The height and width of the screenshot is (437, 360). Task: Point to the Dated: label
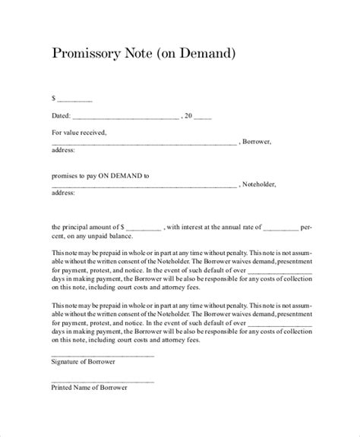click(61, 116)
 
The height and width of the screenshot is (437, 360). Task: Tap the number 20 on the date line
click(190, 116)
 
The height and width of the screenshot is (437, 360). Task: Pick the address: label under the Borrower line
click(63, 151)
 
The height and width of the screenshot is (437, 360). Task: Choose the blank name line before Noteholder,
click(144, 186)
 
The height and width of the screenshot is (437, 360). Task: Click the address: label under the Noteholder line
click(63, 194)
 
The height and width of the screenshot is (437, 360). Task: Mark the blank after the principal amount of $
click(144, 228)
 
